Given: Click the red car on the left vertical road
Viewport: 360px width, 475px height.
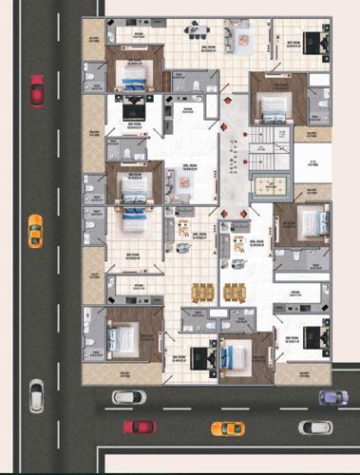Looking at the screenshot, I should click(37, 90).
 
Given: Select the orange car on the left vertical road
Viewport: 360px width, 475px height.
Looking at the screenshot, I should click(35, 230).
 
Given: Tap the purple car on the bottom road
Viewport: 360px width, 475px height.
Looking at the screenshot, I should click(332, 397).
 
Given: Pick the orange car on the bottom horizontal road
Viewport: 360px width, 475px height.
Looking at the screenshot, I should click(227, 427).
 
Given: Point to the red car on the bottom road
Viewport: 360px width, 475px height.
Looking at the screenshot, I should click(140, 427).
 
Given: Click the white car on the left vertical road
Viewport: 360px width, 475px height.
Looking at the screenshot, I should click(36, 393).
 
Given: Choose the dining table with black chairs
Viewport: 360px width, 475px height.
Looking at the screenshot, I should click(199, 28).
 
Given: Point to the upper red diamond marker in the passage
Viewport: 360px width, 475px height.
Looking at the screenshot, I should click(229, 98).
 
